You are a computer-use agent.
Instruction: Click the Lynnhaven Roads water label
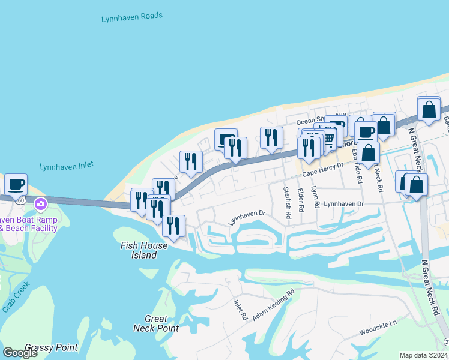tap(131, 17)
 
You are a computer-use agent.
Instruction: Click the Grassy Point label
tap(51, 347)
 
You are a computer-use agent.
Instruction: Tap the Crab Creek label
tap(15, 297)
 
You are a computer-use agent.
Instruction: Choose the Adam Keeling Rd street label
tap(273, 305)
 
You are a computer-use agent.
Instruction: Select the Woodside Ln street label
tap(378, 328)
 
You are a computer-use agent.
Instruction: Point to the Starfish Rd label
tap(287, 202)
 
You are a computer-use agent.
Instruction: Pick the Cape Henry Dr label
tap(322, 169)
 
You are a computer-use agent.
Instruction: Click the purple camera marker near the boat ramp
tap(41, 204)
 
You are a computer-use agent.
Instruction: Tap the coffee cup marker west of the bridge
tap(16, 183)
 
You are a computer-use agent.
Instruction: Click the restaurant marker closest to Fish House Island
tap(173, 226)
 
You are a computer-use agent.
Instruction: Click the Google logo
tap(20, 353)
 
